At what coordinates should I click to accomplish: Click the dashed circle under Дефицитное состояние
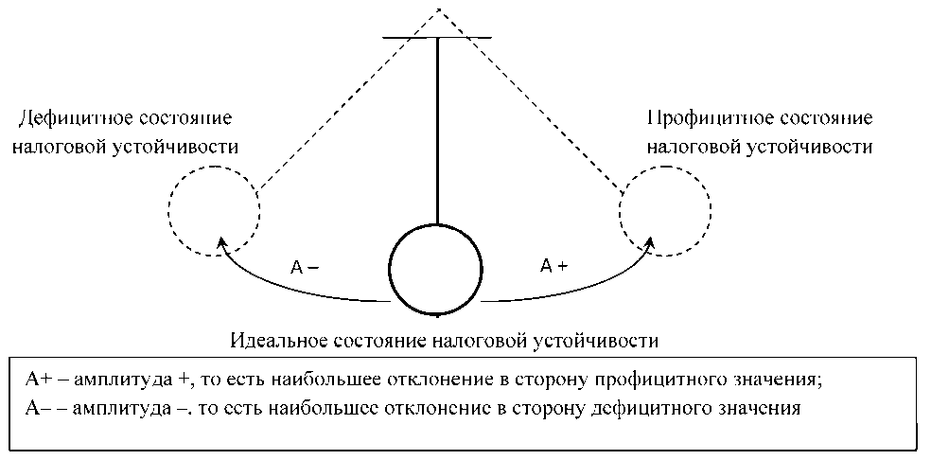tap(213, 210)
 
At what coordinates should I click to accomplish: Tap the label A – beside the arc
tap(305, 267)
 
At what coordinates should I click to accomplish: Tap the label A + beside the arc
tap(553, 266)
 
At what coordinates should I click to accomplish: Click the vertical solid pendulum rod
tap(436, 133)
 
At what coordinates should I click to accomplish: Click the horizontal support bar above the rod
tap(436, 38)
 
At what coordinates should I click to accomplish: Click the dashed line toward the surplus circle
tap(539, 104)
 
